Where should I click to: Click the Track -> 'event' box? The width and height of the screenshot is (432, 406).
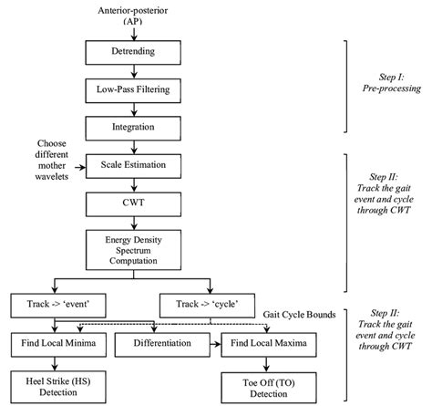55,302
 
